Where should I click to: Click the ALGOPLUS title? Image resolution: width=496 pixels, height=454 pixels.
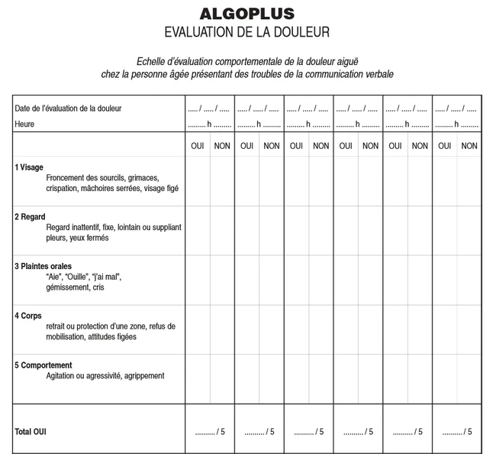coord(246,14)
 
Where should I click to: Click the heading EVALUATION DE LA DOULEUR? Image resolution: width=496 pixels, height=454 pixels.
coord(246,32)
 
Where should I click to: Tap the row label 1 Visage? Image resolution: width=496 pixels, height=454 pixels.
coord(29,167)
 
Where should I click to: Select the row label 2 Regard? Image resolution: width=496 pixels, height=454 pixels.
coord(30,217)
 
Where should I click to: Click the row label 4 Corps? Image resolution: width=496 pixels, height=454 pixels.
coord(28,316)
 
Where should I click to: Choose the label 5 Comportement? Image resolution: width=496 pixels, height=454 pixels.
coord(43,365)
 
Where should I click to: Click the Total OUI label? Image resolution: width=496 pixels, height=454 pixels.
coord(31,432)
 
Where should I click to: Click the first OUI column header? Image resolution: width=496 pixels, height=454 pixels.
coord(198,145)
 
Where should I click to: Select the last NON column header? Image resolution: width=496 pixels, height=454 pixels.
coord(469,145)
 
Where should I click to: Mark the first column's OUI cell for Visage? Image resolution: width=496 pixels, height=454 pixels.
coord(198,181)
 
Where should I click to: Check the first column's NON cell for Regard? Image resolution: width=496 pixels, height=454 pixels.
coord(222,230)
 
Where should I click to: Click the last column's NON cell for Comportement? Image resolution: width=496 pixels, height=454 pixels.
coord(469,378)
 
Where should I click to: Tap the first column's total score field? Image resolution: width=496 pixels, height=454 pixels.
coord(210,432)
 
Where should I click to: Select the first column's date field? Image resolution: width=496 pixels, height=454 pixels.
coord(209,109)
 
